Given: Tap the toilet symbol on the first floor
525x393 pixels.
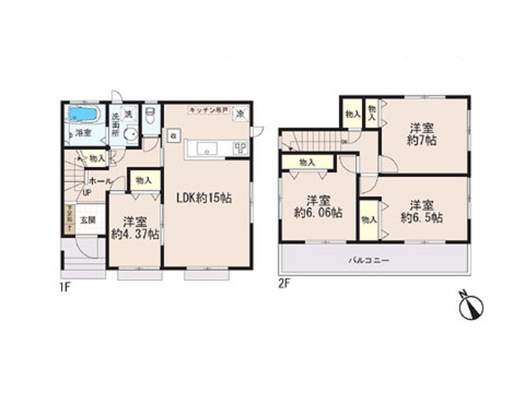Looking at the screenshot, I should (151, 116).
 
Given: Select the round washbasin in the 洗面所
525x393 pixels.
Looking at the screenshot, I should (130, 134).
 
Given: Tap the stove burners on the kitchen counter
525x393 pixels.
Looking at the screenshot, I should (240, 148).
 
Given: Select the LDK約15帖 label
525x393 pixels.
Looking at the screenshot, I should (203, 198).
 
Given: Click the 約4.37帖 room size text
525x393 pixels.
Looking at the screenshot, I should (135, 235).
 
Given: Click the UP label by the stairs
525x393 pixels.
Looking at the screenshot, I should (87, 192).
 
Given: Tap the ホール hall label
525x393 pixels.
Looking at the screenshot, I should (99, 181).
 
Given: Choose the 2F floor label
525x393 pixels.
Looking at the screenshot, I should (283, 284).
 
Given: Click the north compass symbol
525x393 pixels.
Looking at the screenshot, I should (471, 306).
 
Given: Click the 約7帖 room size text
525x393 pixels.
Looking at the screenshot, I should (422, 140).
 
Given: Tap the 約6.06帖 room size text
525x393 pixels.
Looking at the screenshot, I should (318, 213).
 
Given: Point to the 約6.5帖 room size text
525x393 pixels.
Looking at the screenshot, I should (422, 218).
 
